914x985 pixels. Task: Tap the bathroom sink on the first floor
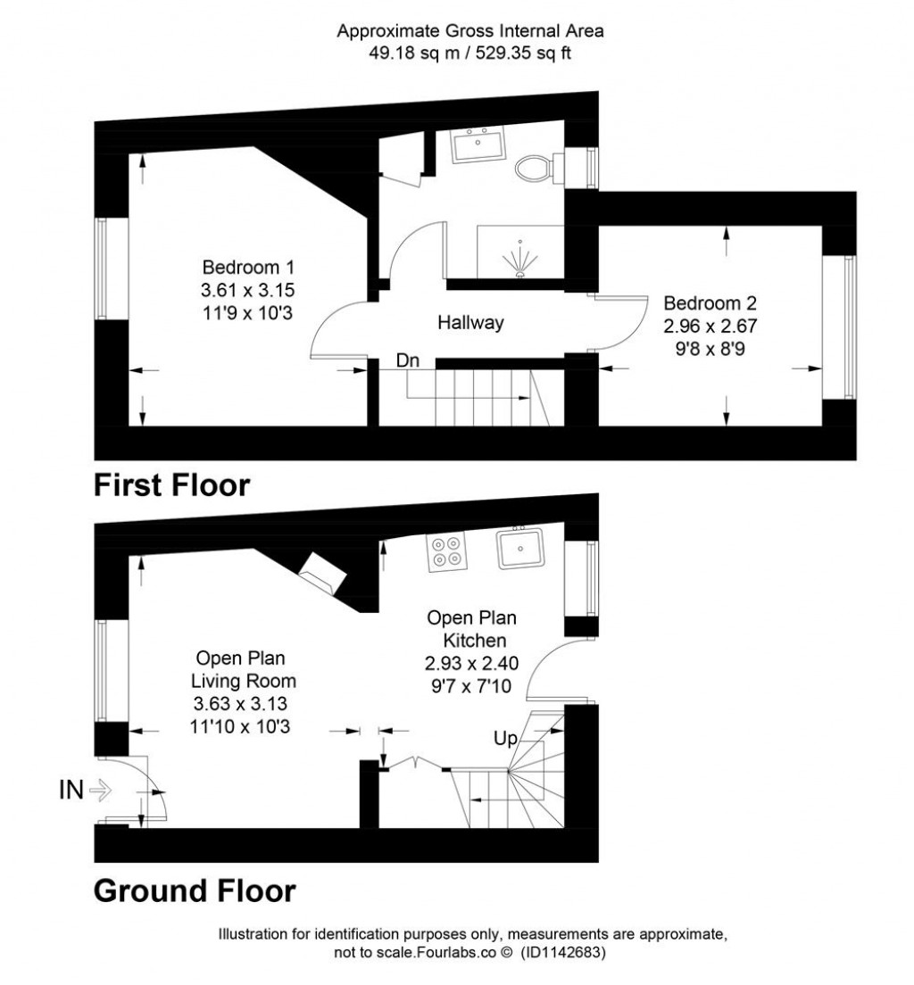(478, 145)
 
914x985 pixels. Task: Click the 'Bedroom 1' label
(248, 267)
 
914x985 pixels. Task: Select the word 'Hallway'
(470, 323)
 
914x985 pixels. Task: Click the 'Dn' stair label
(408, 360)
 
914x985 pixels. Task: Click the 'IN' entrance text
(71, 789)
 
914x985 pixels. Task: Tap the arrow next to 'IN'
(99, 789)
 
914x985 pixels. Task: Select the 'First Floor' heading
(172, 486)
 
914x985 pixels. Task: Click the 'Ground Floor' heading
(195, 890)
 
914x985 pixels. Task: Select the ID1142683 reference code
(565, 953)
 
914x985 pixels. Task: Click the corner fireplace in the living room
(321, 572)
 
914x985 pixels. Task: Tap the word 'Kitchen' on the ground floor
(474, 641)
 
